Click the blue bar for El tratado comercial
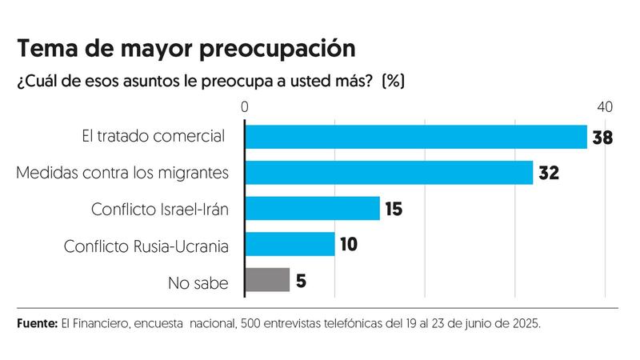[x=416, y=137]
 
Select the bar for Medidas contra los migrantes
[x=389, y=173]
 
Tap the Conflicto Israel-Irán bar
[x=312, y=209]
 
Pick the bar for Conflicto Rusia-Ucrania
[x=290, y=244]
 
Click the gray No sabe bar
[x=267, y=280]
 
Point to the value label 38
[x=602, y=138]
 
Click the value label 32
[x=548, y=174]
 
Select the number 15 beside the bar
[x=393, y=210]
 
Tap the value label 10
[x=348, y=245]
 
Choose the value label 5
[x=302, y=281]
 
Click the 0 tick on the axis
[x=245, y=107]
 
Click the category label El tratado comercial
[x=152, y=137]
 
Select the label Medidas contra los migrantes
[x=122, y=173]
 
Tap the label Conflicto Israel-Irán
[x=160, y=209]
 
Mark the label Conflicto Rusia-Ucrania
[x=146, y=245]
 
